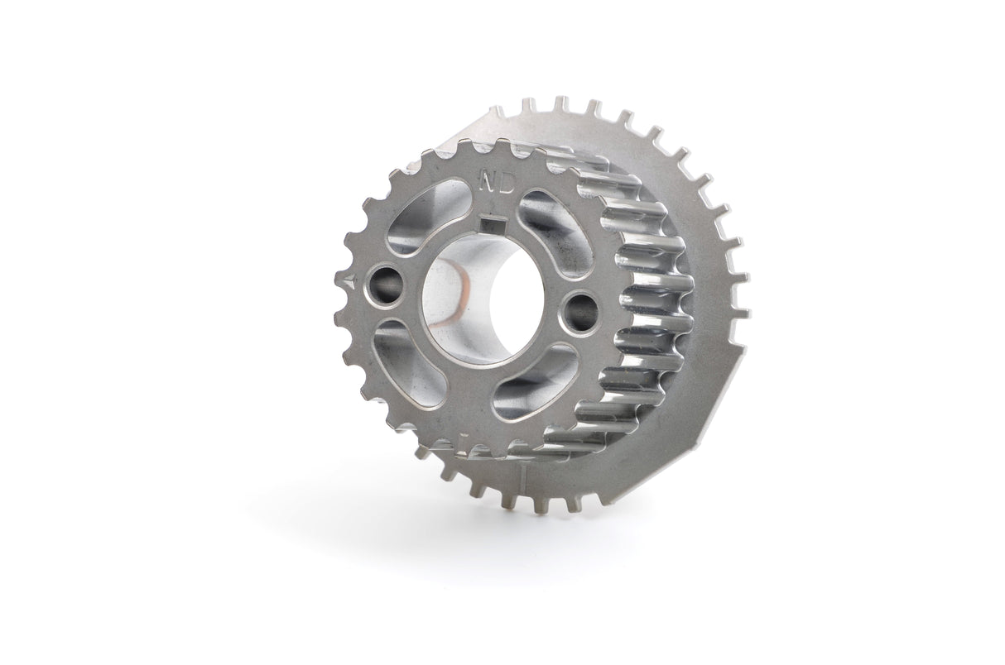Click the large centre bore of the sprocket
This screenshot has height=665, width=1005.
pyautogui.click(x=480, y=294)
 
